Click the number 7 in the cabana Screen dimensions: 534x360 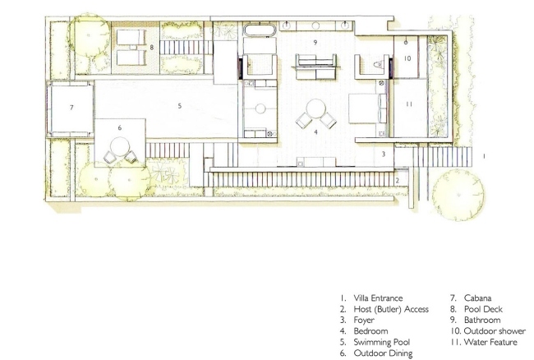71,108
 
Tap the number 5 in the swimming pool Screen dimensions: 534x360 179,106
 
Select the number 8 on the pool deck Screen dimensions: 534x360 152,48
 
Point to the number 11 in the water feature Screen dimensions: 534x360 409,104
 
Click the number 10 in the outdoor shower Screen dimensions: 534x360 407,58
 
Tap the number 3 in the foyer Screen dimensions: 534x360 384,154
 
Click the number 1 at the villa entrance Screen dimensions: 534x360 484,156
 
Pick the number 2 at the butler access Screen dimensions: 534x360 397,181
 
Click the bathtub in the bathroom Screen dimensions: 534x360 260,30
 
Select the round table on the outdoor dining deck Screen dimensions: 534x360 120,146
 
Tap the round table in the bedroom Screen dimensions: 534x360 316,108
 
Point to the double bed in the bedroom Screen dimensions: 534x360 368,108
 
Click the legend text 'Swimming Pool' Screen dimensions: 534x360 382,342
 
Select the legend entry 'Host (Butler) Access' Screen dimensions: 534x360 391,309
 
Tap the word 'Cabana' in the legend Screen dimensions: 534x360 477,298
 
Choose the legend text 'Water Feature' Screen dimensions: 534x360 490,342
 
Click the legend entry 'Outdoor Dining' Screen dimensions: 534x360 383,353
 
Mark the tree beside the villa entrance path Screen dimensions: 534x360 458,195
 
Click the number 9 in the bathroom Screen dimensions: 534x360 315,43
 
